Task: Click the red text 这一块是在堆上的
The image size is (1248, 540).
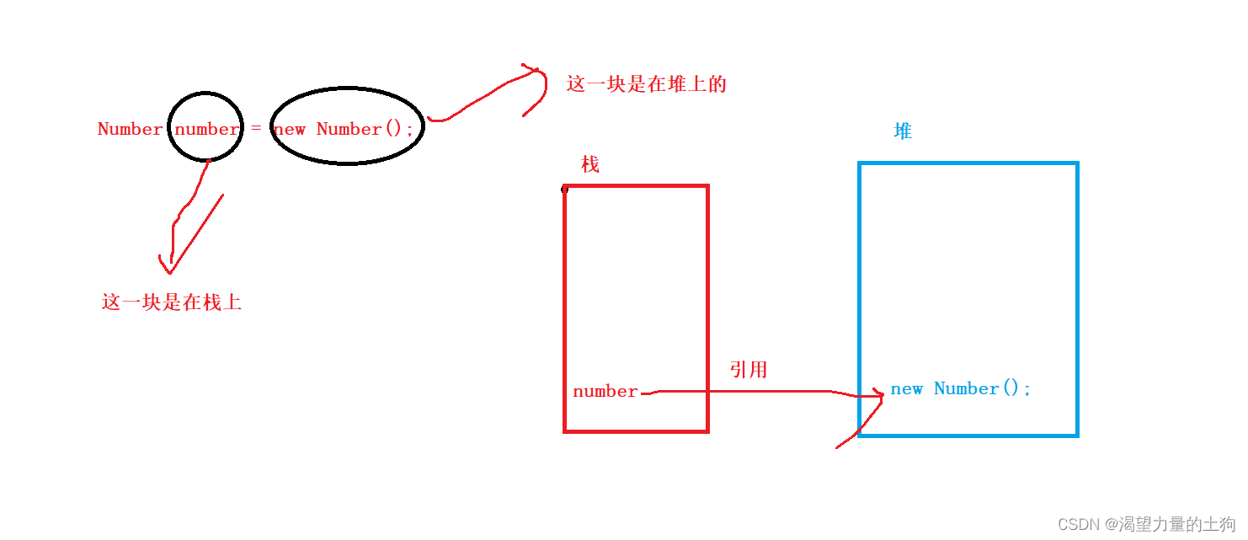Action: tap(646, 84)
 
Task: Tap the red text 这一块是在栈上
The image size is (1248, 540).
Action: tap(172, 302)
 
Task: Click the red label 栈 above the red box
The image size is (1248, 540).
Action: tap(590, 164)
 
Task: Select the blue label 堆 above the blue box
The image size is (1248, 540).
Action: tap(903, 131)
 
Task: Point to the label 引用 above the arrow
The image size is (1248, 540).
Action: tap(748, 370)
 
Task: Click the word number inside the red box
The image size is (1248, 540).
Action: tap(605, 392)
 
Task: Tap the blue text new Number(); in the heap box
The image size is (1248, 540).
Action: tap(960, 389)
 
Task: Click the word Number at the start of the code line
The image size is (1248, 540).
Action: tap(130, 129)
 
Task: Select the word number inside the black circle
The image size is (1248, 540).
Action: tap(206, 129)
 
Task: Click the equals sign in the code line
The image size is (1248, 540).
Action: tap(256, 129)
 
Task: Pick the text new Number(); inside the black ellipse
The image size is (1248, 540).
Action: tap(344, 129)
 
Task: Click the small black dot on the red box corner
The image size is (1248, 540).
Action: tap(564, 190)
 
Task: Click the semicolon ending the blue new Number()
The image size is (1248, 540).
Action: tap(1027, 389)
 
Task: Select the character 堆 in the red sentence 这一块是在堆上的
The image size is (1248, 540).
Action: tap(676, 84)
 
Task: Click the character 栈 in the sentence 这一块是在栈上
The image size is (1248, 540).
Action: tap(212, 302)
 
